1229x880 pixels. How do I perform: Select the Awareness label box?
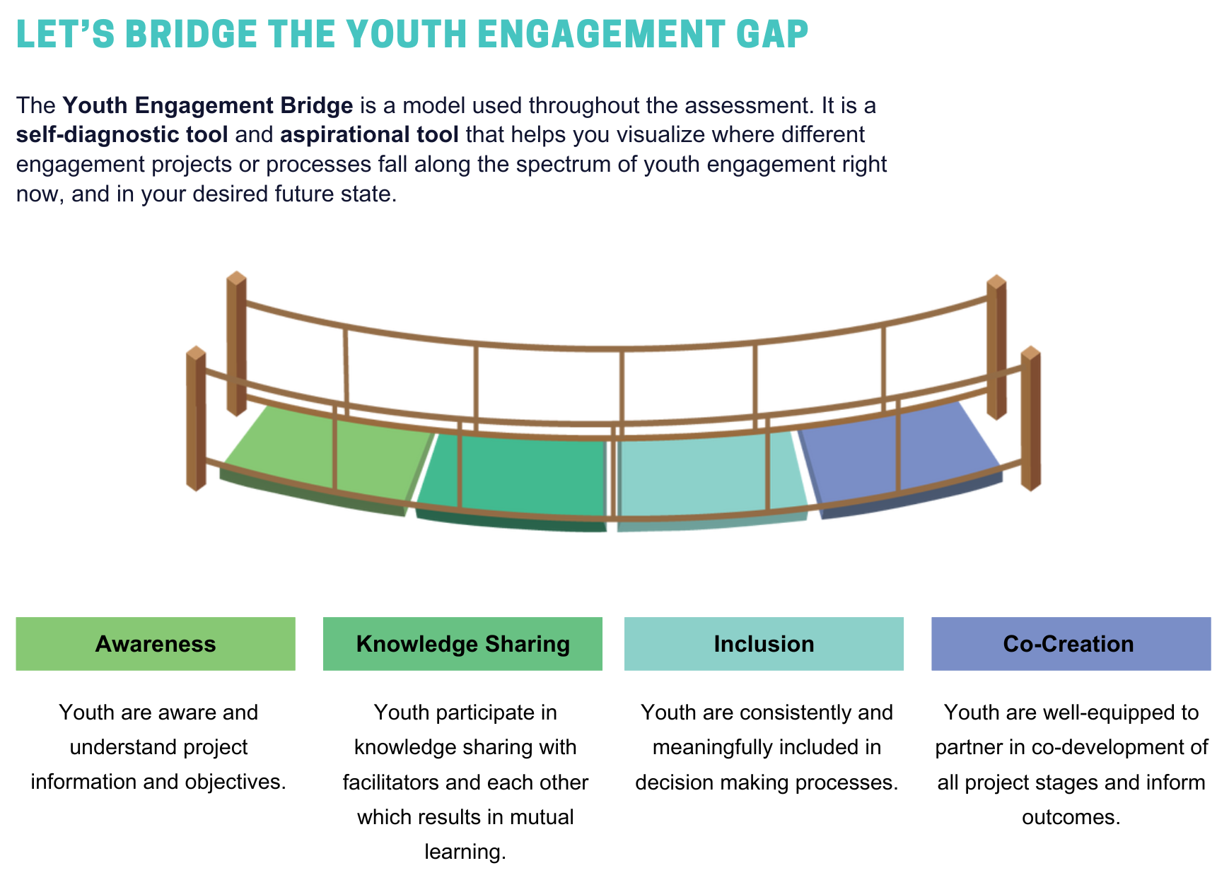point(156,643)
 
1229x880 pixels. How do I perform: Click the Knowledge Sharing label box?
point(462,643)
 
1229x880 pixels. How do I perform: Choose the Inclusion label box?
point(764,643)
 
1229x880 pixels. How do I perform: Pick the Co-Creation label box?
point(1071,643)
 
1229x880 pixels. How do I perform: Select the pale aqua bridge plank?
point(711,477)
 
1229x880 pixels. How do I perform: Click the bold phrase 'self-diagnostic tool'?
point(122,134)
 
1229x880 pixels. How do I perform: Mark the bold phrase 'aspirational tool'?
point(369,134)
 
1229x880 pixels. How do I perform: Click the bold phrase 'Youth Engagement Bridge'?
point(208,105)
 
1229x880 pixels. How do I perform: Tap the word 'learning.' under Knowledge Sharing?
point(465,852)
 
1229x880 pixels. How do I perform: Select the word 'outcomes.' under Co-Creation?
point(1071,817)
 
